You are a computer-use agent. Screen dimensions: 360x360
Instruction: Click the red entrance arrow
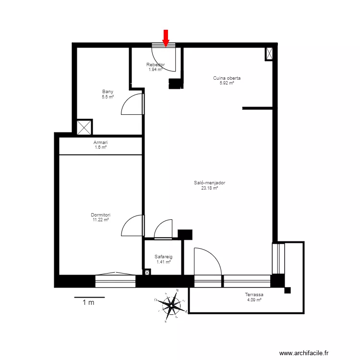click(166, 38)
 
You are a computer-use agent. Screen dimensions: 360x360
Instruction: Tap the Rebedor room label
click(156, 65)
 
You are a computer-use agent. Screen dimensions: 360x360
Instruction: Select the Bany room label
click(108, 92)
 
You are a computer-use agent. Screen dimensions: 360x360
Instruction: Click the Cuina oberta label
click(227, 78)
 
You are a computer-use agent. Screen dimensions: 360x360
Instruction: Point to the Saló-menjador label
click(210, 182)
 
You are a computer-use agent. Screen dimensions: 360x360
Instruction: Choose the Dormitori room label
click(101, 215)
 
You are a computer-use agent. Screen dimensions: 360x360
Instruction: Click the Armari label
click(101, 143)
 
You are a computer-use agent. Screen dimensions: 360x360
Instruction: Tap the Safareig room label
click(163, 257)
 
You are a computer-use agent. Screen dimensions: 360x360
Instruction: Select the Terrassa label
click(254, 295)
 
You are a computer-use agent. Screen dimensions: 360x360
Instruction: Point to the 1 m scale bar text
click(88, 302)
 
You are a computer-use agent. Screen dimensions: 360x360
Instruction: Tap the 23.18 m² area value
click(210, 188)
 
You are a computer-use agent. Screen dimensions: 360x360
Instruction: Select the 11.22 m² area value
click(101, 220)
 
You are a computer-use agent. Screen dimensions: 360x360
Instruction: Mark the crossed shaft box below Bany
click(84, 127)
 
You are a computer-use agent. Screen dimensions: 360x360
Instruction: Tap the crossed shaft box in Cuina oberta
click(270, 53)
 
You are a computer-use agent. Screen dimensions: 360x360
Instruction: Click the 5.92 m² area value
click(227, 83)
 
